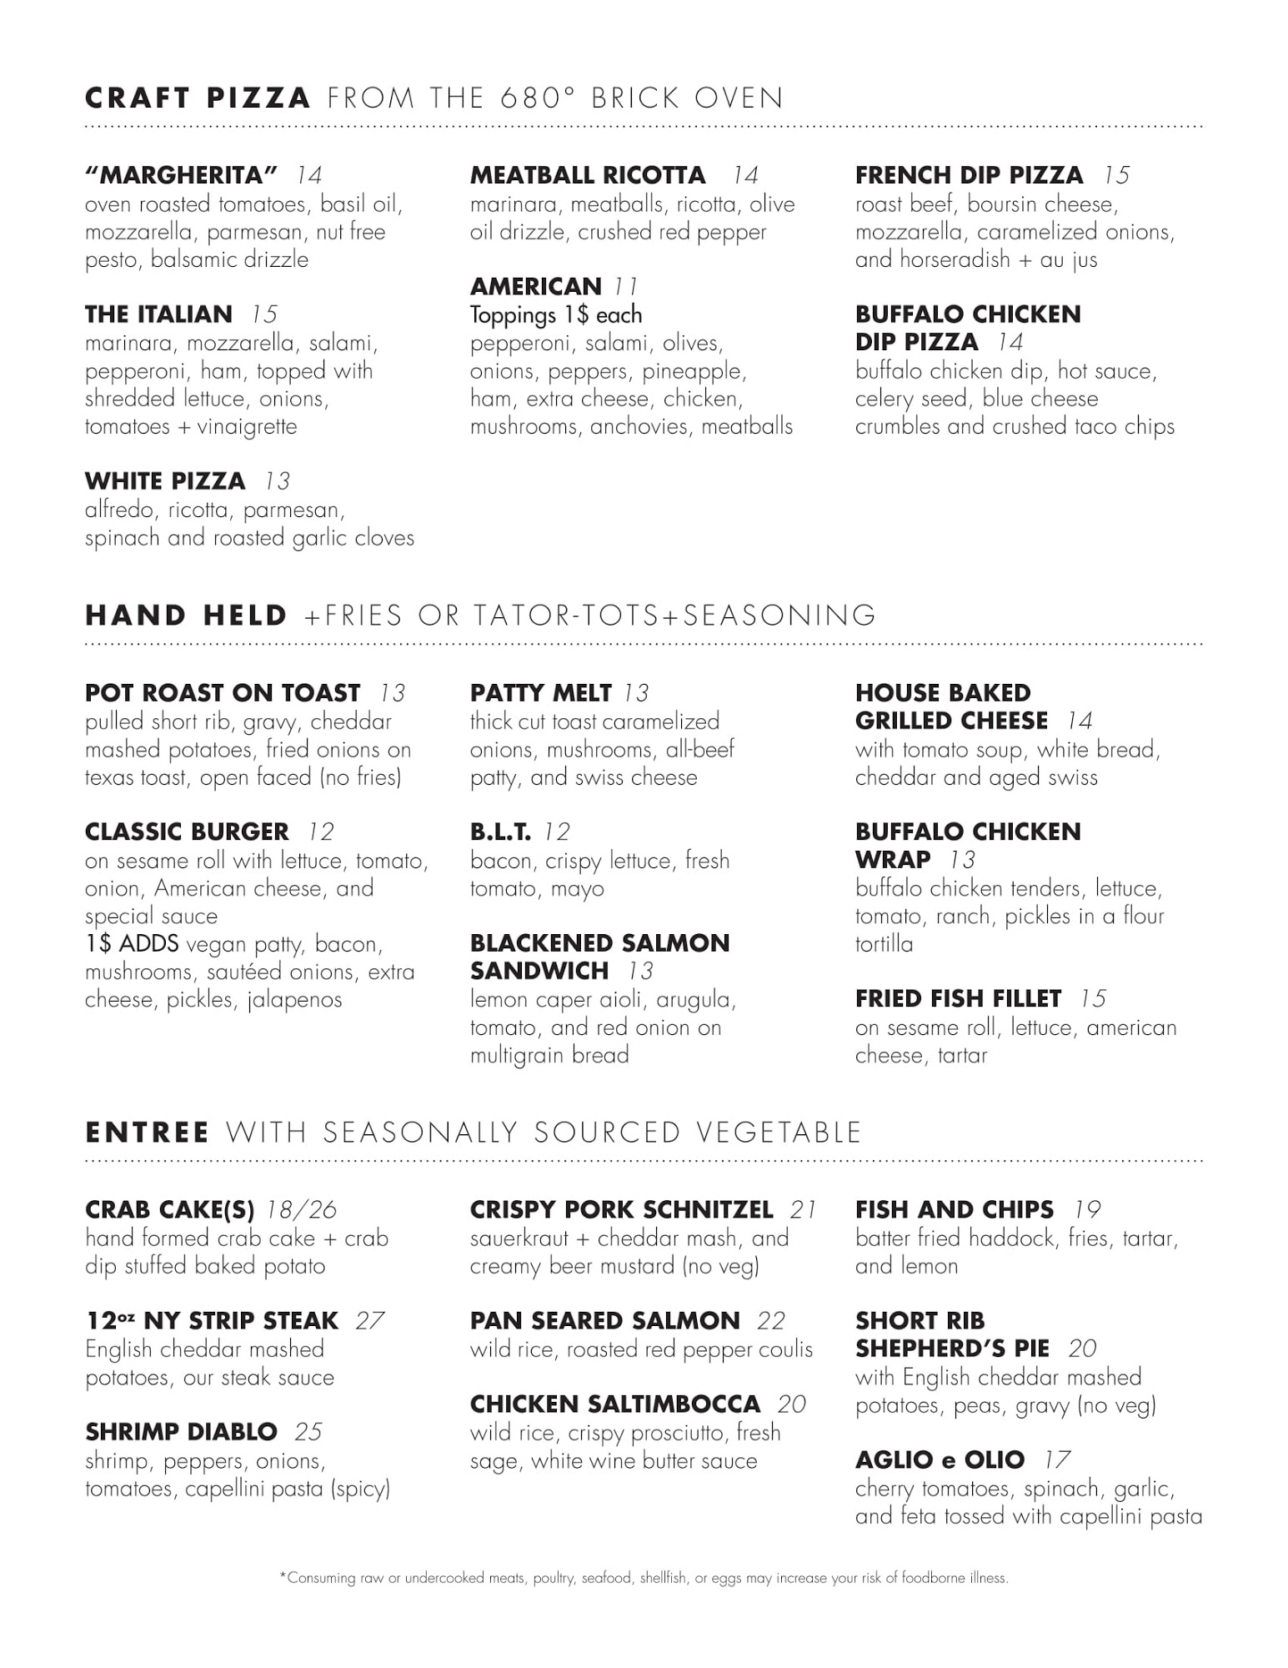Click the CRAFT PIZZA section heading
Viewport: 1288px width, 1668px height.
[x=198, y=98]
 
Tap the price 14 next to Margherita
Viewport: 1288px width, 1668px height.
[x=308, y=175]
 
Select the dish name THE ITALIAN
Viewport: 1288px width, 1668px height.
[x=158, y=314]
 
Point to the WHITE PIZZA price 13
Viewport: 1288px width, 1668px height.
[x=278, y=481]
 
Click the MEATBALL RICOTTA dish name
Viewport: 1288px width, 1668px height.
[x=587, y=175]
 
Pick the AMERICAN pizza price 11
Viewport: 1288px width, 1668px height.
[x=626, y=287]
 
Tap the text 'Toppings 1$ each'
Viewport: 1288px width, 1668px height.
[x=555, y=315]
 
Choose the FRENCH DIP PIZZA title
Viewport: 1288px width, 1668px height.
[x=969, y=175]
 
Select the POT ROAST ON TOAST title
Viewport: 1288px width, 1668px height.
[x=223, y=693]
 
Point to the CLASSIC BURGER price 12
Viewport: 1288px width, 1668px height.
[x=321, y=832]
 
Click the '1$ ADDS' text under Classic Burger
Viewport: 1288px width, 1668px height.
[x=132, y=944]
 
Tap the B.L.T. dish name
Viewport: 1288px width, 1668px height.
[x=500, y=832]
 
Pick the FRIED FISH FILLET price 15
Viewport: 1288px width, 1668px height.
[x=1093, y=999]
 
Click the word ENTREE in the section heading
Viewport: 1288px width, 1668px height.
[x=148, y=1133]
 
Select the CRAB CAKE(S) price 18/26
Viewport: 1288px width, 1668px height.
[x=301, y=1210]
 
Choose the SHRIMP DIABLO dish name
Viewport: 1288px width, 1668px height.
[x=181, y=1432]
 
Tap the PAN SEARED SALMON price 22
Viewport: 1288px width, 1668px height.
[x=771, y=1321]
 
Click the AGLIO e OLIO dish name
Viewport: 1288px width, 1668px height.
[x=940, y=1460]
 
